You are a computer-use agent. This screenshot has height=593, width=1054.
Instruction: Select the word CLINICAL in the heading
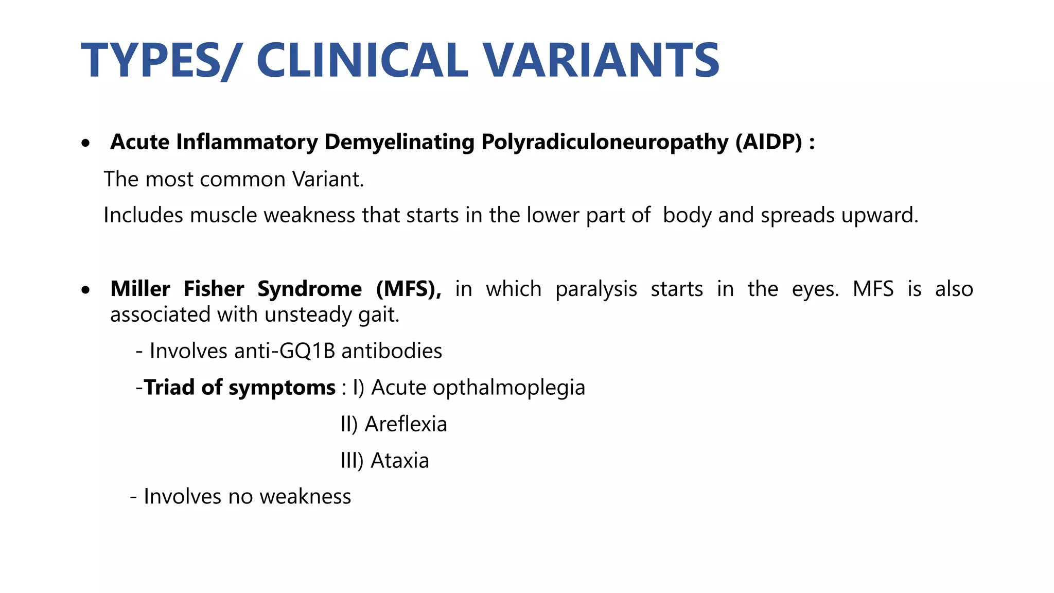point(362,61)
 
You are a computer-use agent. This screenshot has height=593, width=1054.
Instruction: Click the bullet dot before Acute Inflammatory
point(86,143)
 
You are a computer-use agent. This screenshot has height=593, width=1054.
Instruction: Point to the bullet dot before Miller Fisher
point(86,290)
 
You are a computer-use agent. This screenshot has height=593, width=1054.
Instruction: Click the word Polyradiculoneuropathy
point(605,143)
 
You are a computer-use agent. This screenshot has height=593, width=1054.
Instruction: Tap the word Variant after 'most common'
point(328,179)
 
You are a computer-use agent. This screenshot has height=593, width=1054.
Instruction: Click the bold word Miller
point(140,289)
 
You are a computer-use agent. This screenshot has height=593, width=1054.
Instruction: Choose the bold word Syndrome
point(309,289)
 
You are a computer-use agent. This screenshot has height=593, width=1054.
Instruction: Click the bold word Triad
point(169,388)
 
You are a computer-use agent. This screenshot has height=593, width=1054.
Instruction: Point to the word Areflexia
point(406,424)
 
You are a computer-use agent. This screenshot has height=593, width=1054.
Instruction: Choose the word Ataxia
point(399,461)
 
